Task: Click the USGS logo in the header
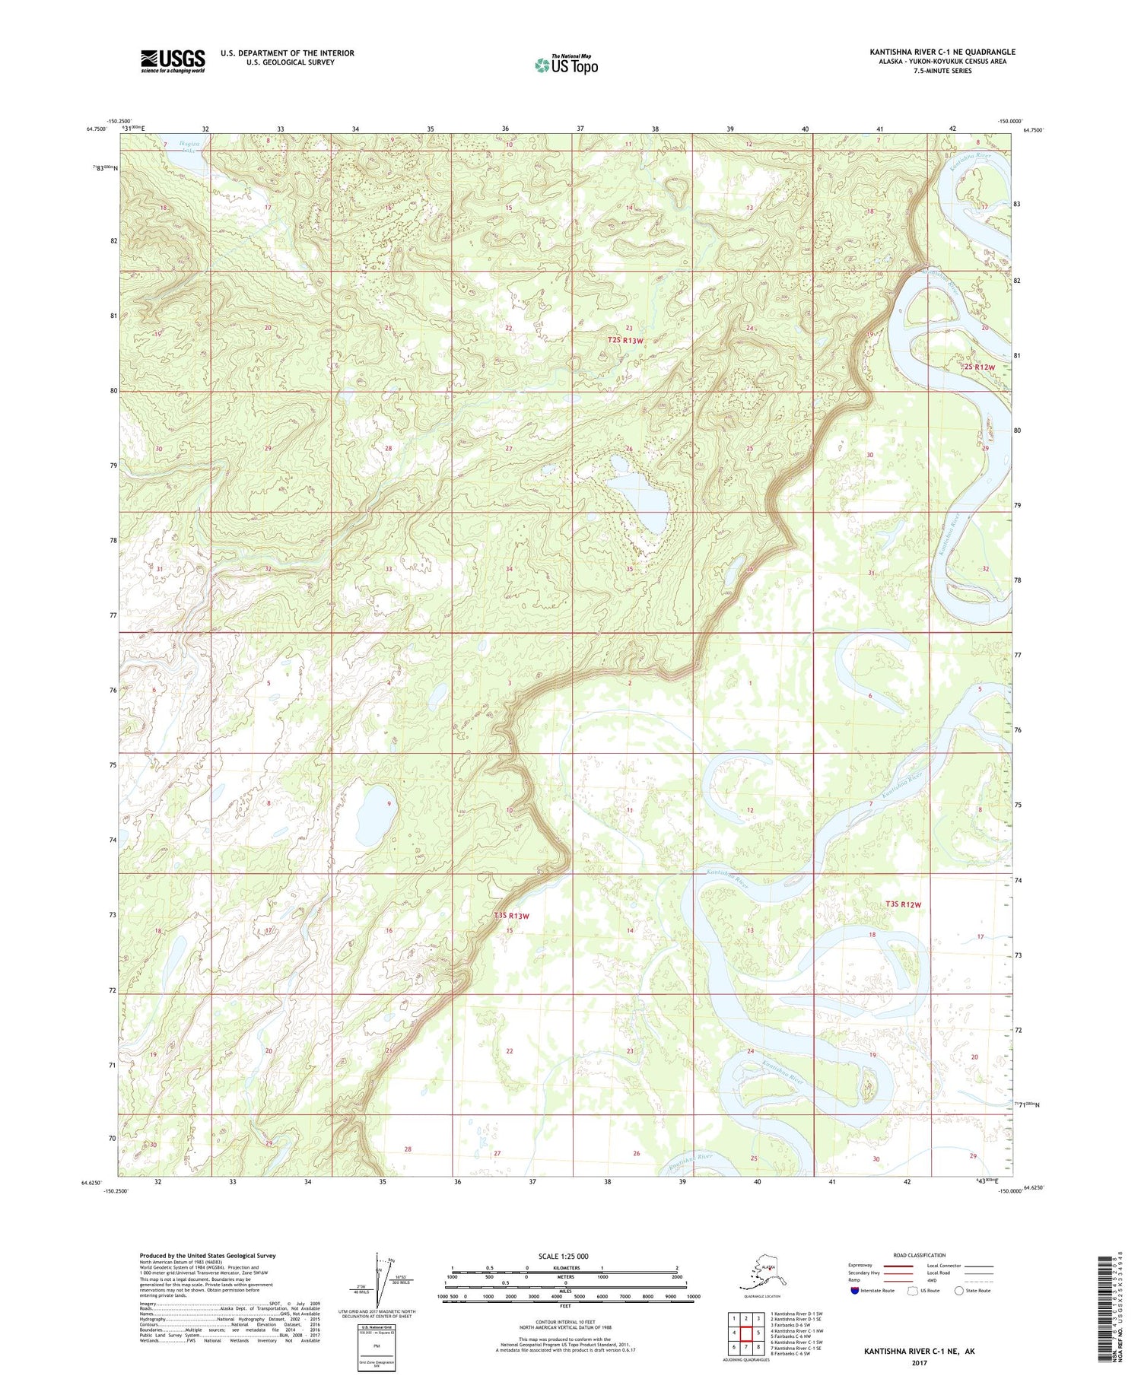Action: coord(173,61)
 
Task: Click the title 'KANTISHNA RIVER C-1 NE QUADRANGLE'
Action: coord(942,52)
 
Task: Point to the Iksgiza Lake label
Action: coord(186,146)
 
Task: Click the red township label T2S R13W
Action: coord(626,341)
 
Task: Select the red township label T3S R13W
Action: coord(510,916)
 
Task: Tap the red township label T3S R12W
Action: coord(903,904)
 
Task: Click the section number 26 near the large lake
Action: coord(629,450)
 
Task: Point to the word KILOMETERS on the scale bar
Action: coord(565,1268)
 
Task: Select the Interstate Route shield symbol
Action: coord(855,1291)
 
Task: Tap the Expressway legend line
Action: coord(902,1266)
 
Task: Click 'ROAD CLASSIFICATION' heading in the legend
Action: coord(919,1256)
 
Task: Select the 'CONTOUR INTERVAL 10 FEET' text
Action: coord(565,1323)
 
